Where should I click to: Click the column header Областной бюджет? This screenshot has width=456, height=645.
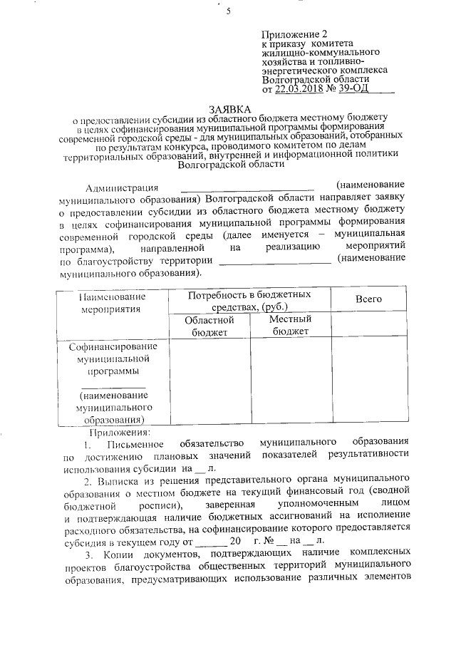209,326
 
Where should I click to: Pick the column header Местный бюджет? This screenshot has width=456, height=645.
291,326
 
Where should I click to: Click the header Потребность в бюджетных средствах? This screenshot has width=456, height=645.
249,300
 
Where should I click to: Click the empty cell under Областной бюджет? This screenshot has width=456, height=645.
209,382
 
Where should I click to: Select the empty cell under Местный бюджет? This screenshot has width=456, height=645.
291,382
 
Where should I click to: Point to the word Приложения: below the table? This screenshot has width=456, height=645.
118,432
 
